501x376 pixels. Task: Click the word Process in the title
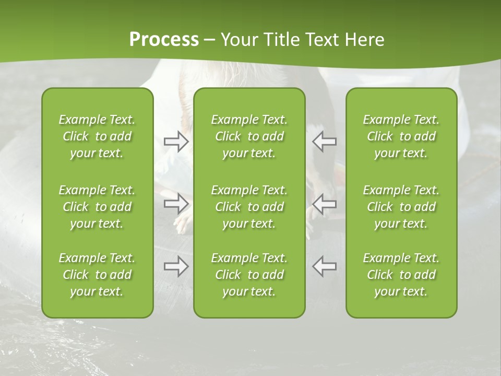pyautogui.click(x=164, y=40)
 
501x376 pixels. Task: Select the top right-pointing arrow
pyautogui.click(x=176, y=142)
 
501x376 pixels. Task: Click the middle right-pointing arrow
pyautogui.click(x=176, y=203)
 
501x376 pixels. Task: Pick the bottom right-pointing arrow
pyautogui.click(x=176, y=266)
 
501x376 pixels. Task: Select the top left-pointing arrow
pyautogui.click(x=324, y=142)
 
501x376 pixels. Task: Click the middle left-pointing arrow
pyautogui.click(x=324, y=203)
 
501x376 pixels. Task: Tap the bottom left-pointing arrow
pyautogui.click(x=324, y=266)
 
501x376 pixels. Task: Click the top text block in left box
pyautogui.click(x=97, y=136)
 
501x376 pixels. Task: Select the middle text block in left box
pyautogui.click(x=97, y=207)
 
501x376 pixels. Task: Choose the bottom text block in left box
pyautogui.click(x=97, y=275)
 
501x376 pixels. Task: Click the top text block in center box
pyautogui.click(x=249, y=136)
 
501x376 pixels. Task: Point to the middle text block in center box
pyautogui.click(x=249, y=207)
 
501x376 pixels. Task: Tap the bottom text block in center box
pyautogui.click(x=249, y=275)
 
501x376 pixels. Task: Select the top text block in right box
pyautogui.click(x=401, y=136)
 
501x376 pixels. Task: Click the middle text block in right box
pyautogui.click(x=401, y=207)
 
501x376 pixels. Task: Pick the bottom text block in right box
pyautogui.click(x=401, y=275)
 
